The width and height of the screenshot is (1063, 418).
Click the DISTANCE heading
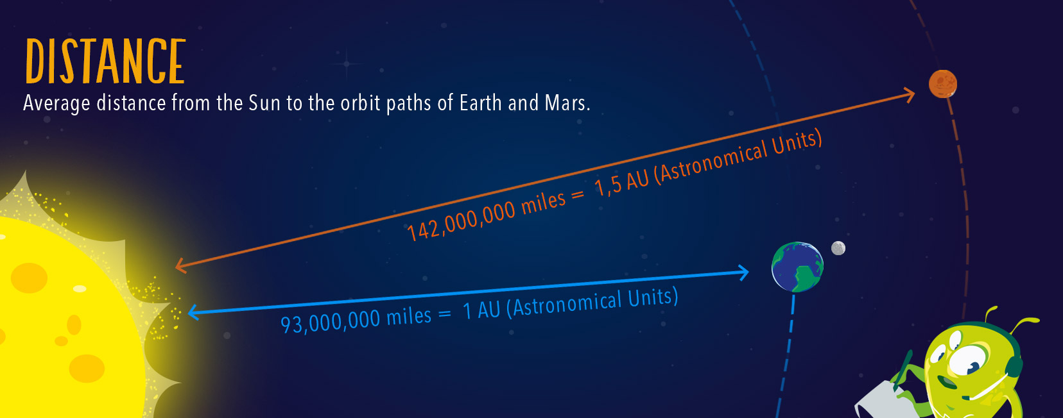point(105,62)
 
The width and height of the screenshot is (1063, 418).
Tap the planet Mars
point(942,84)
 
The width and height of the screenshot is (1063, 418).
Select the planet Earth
point(797,267)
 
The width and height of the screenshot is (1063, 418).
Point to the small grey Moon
point(838,248)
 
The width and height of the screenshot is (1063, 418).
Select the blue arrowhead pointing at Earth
point(743,272)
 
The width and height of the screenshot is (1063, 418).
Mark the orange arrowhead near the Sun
point(181,266)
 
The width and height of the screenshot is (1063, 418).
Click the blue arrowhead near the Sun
point(193,313)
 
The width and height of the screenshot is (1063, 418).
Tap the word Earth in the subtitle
point(480,103)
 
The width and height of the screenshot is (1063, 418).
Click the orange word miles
point(543,203)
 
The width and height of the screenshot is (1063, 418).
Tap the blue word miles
point(409,317)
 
